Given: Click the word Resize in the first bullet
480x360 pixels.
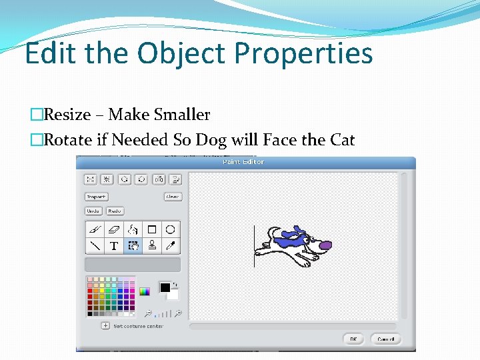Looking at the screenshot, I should [x=67, y=115].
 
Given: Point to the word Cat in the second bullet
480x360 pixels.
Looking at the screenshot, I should [x=341, y=140].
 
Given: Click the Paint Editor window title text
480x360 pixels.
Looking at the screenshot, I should [x=243, y=162].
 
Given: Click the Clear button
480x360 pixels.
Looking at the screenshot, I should [x=173, y=197].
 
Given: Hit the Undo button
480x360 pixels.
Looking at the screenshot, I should [x=93, y=211].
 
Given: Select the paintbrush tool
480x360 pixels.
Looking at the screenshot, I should [x=95, y=229].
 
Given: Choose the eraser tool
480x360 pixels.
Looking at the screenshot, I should [x=114, y=229].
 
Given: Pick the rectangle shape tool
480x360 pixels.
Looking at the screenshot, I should [x=151, y=229].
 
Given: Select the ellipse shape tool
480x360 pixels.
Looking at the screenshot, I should [x=171, y=229].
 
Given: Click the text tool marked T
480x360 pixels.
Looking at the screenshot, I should [x=114, y=245].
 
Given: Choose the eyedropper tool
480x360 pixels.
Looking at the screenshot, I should [x=171, y=245].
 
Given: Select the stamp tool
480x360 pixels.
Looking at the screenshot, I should [x=151, y=245].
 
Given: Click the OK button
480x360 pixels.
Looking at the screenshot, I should [x=353, y=339].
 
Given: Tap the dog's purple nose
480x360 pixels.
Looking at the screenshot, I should [x=325, y=245].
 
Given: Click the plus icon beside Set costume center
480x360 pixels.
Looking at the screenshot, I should [x=105, y=326].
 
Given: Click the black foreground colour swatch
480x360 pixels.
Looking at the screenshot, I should [x=165, y=287].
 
